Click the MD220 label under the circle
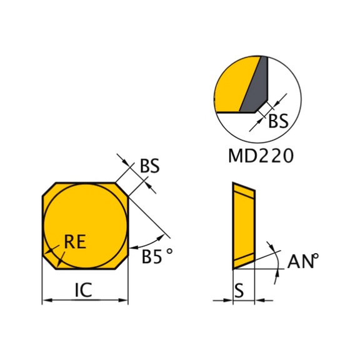tap(261, 156)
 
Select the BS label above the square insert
tap(149, 166)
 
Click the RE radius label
tap(75, 241)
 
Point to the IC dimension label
tap(84, 289)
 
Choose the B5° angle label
tap(157, 256)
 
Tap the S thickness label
tap(239, 291)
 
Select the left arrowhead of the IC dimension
tap(47, 300)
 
